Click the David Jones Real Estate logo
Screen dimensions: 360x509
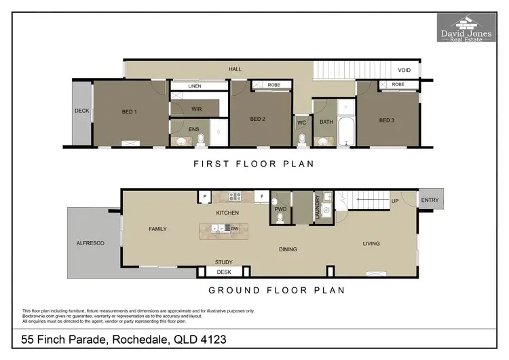coord(466,27)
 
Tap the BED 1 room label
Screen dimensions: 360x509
coord(129,112)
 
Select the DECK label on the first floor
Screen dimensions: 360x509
coord(81,110)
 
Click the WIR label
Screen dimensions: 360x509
coord(197,108)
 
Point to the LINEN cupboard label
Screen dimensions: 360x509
coord(195,86)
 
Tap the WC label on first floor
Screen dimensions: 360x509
coord(302,123)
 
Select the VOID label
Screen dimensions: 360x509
coord(404,69)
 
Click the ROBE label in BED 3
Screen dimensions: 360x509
coord(398,85)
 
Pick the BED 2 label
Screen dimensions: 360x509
coord(257,120)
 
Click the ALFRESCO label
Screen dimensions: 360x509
coord(90,242)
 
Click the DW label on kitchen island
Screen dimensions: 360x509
coord(234,229)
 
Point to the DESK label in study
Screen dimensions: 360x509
coord(223,272)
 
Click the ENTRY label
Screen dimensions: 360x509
coord(430,200)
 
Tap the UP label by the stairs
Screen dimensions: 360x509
coord(395,202)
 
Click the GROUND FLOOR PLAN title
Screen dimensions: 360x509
coord(276,290)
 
